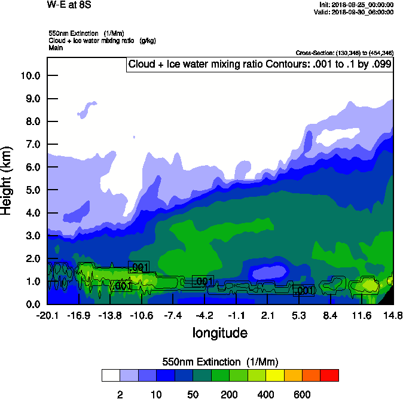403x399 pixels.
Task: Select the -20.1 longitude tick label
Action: point(47,315)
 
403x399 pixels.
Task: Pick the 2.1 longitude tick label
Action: point(267,315)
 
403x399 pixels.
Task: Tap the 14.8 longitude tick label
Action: point(393,315)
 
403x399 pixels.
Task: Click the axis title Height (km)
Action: point(8,180)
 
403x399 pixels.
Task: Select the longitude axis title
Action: point(219,333)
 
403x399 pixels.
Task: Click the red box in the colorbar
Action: point(329,376)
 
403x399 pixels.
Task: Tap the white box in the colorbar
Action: point(111,376)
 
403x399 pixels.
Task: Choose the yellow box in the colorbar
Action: point(275,376)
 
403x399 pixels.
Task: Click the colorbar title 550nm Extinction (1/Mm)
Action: point(220,362)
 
